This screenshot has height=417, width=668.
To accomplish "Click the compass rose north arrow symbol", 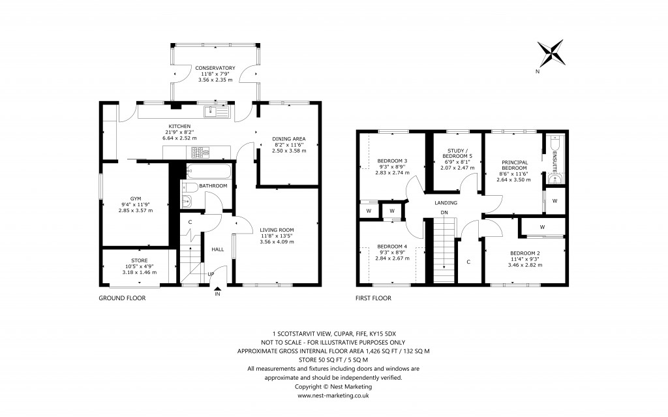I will [551, 52].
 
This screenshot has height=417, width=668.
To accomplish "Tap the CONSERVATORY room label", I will [215, 67].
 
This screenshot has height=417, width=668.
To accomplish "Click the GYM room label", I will [135, 198].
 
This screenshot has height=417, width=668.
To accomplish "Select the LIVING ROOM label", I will [277, 229].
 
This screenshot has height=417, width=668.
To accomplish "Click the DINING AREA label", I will [288, 138].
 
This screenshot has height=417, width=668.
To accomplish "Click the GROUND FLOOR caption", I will [122, 298].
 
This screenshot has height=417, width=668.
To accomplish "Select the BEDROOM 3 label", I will [392, 161].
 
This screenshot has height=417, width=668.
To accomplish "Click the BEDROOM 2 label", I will [525, 253].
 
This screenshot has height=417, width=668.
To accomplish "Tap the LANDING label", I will [447, 203].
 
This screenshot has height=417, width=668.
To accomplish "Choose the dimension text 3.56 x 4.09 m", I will [277, 241].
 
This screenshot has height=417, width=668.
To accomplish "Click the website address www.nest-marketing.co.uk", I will [333, 395].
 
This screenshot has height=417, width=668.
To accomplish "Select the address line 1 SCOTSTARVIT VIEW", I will [333, 332].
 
